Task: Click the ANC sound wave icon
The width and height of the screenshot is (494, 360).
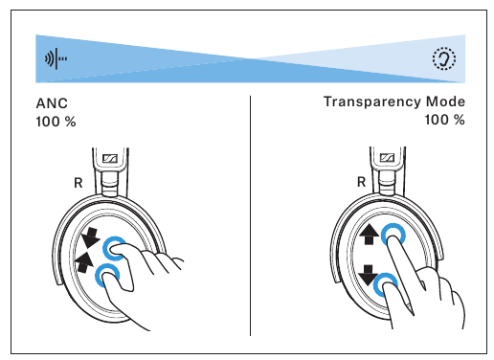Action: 57,58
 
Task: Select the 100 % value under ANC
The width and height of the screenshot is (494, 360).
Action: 56,122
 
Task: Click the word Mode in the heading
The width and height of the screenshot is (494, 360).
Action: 445,101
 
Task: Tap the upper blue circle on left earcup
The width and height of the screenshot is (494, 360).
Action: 116,248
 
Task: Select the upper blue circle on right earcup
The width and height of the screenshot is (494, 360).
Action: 392,235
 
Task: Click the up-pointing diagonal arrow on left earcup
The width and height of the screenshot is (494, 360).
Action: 84,260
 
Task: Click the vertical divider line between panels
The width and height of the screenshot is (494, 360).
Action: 250,214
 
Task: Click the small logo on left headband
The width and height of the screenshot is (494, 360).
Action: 109,159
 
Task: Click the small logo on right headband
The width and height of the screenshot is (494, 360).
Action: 388,159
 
